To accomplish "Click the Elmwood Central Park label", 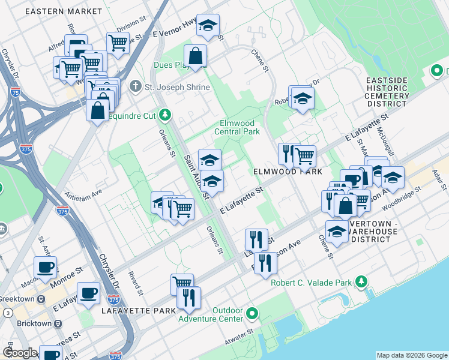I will coord(238,127).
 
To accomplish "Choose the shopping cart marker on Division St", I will coord(118,42).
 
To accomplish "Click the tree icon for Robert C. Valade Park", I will coord(361,281).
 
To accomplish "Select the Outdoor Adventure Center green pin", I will coord(253,313).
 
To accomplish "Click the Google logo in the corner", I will coord(20,353).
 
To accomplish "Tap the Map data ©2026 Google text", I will coord(411,355).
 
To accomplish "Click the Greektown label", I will coord(18,298).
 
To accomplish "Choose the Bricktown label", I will coord(25,323).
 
